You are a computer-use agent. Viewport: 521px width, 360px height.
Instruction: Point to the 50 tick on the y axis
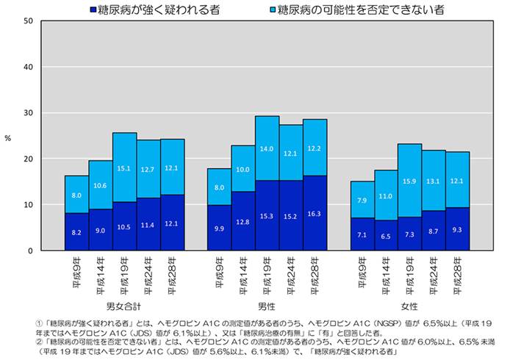(27, 21)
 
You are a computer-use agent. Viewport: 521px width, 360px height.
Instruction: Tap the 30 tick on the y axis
(27, 113)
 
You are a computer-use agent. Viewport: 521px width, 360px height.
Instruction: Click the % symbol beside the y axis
(8, 137)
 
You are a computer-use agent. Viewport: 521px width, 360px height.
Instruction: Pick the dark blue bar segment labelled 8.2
(76, 231)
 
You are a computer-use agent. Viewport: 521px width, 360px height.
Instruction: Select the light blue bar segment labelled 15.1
(124, 168)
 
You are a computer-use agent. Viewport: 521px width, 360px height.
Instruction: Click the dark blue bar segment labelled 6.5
(386, 235)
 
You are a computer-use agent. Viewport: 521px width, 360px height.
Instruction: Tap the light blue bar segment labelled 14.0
(267, 148)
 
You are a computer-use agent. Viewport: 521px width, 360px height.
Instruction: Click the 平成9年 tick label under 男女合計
(77, 271)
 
